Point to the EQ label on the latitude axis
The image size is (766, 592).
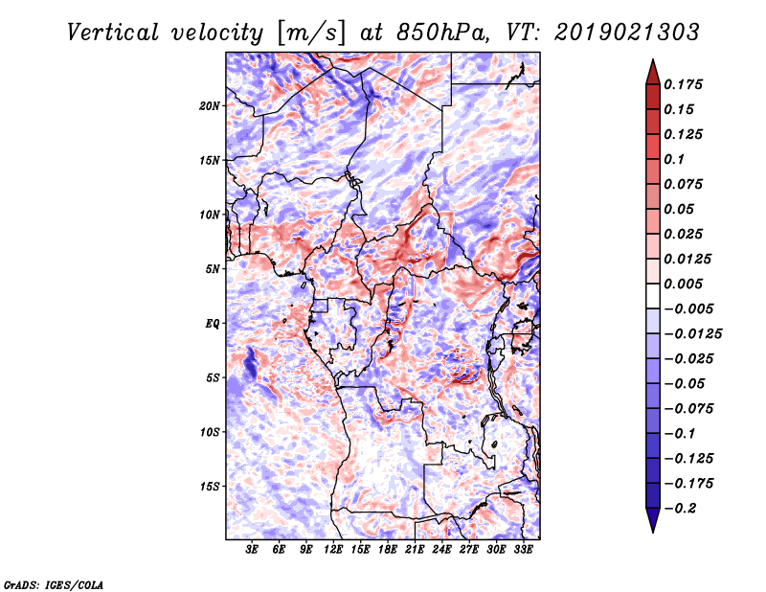[x=213, y=323]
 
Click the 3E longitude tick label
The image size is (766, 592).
[x=253, y=550]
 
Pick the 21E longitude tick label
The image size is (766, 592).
[x=415, y=550]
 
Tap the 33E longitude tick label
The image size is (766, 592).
[x=523, y=550]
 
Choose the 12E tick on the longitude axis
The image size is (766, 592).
[x=333, y=550]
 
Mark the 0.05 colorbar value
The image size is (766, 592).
[x=680, y=209]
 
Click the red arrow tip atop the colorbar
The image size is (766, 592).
[x=652, y=66]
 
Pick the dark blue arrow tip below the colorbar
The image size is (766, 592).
[x=652, y=526]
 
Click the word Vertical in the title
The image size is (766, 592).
[x=113, y=32]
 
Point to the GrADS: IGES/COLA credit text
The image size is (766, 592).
[x=53, y=583]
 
